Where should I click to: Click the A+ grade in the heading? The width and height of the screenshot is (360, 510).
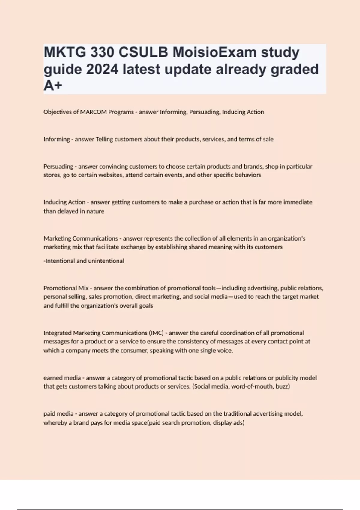point(53,86)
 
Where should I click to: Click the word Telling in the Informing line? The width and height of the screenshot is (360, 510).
point(104,139)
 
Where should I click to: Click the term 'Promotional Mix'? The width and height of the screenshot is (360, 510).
point(66,288)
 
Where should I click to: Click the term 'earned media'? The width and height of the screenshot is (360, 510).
point(62,378)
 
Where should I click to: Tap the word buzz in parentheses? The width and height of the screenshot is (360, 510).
point(282,386)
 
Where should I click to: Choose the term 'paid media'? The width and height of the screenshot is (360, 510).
point(58,414)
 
